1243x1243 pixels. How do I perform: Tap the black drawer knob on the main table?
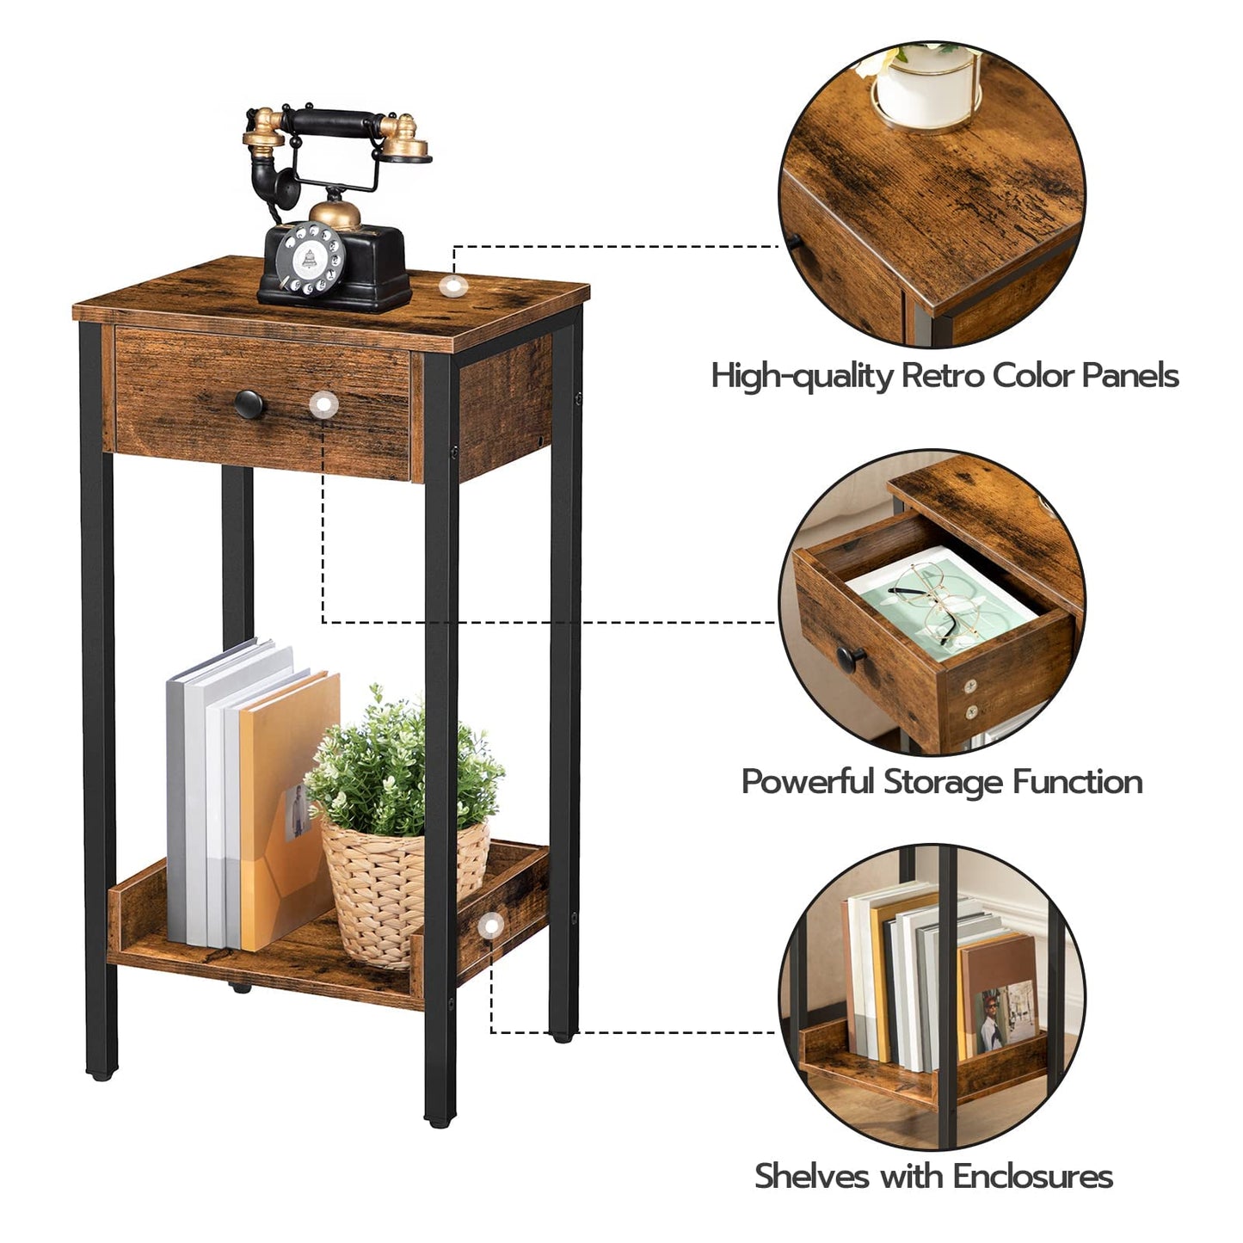coord(249,402)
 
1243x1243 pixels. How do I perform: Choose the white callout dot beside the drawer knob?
coord(324,403)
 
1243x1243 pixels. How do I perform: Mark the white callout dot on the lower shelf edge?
coord(490,926)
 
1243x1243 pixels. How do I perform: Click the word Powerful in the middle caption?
coord(807,782)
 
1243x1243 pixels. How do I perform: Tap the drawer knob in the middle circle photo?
coord(852,658)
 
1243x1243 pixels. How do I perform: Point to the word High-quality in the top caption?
coord(802,376)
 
